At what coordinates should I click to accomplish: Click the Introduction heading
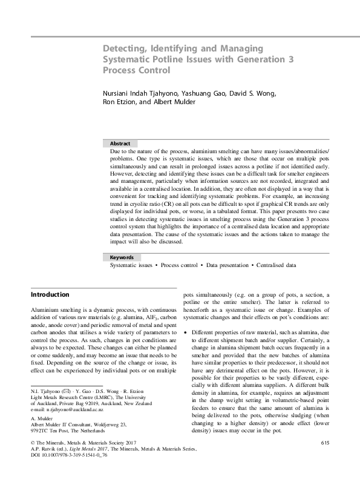point(50,295)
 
